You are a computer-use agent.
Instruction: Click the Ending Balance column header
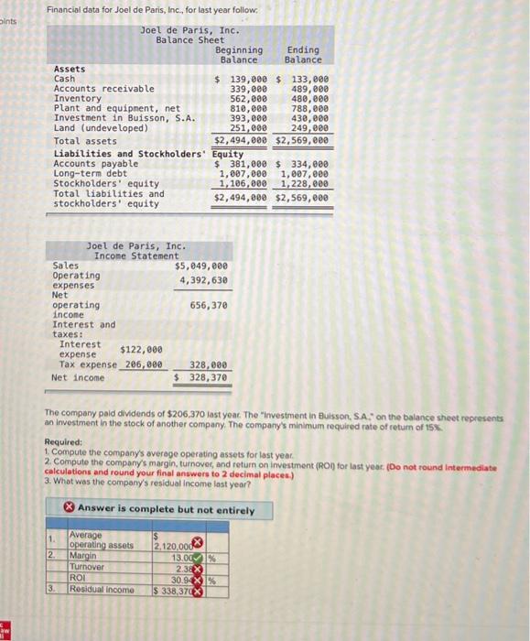click(302, 54)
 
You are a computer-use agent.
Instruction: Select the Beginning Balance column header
click(239, 54)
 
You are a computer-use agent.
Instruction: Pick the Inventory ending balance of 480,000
click(305, 99)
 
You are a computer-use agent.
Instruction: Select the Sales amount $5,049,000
click(201, 266)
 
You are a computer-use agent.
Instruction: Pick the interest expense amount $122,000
click(142, 349)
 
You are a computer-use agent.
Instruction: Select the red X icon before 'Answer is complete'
click(69, 508)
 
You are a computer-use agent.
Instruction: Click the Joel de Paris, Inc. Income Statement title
click(135, 251)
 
